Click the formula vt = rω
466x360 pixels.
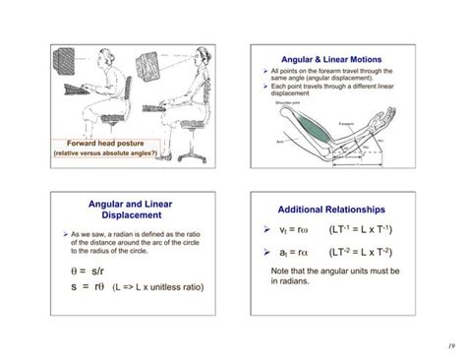pyautogui.click(x=296, y=232)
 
